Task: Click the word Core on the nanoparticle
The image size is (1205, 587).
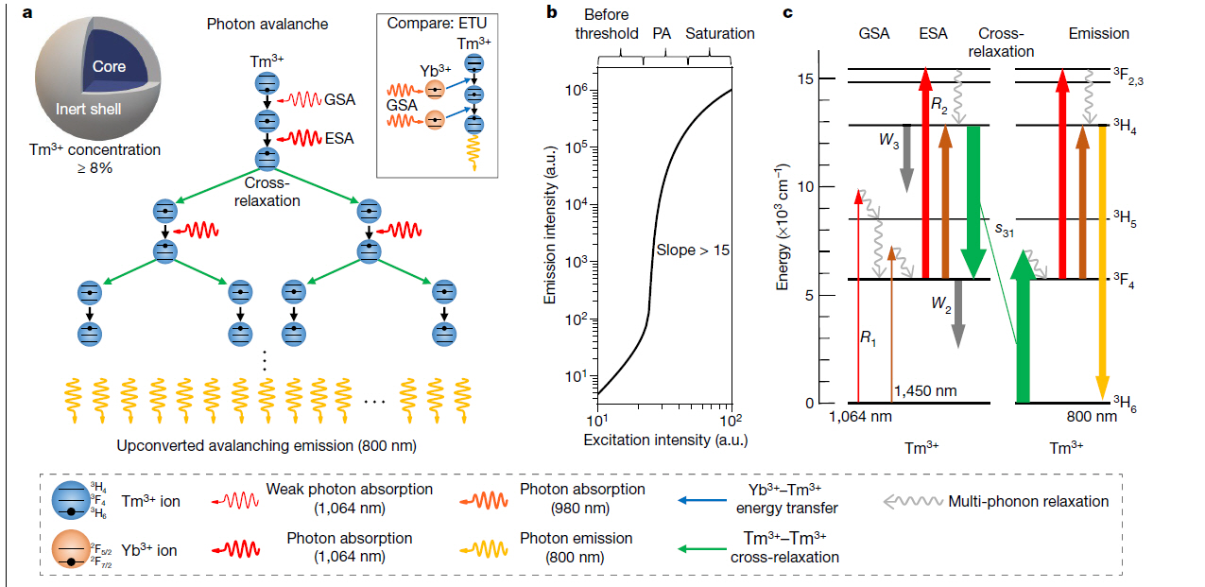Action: coord(110,67)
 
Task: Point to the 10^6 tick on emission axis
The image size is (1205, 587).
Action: coord(577,91)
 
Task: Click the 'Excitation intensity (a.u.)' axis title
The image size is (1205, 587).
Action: coord(665,440)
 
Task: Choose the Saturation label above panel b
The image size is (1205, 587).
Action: coord(719,33)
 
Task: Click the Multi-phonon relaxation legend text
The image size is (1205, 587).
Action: coord(1028,502)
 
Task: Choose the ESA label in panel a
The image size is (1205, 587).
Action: coord(338,138)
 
